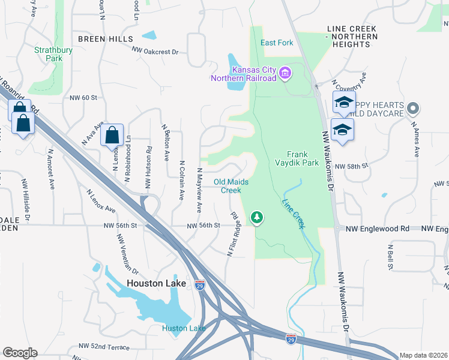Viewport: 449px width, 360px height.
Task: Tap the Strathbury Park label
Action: click(x=49, y=55)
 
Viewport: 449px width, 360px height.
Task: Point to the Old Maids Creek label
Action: click(x=231, y=186)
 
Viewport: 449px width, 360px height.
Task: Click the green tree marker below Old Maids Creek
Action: click(x=257, y=216)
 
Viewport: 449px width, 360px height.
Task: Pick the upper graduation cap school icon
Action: click(x=344, y=103)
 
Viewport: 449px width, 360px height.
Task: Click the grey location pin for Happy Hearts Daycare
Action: click(x=412, y=109)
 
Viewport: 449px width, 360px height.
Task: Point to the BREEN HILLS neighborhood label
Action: click(x=105, y=38)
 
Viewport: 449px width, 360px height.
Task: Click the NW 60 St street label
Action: click(x=83, y=97)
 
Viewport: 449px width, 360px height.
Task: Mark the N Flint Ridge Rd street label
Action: click(x=234, y=235)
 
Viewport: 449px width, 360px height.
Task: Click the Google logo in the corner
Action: click(x=20, y=353)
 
